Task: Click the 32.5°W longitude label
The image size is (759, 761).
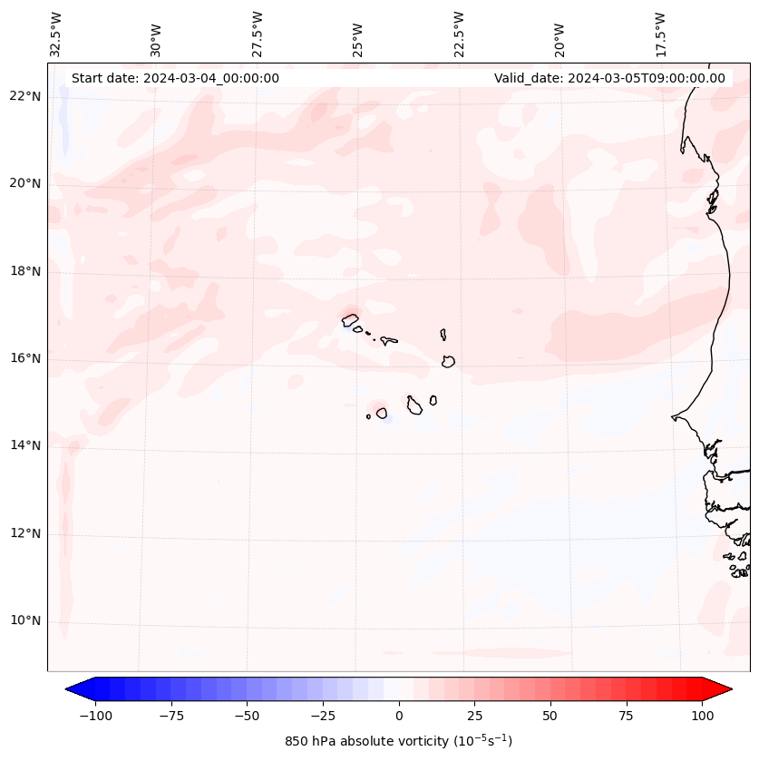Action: tap(56, 34)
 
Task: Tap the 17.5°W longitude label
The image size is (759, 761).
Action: tap(660, 34)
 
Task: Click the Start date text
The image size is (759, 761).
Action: tap(175, 78)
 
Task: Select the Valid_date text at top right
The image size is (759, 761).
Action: tap(609, 78)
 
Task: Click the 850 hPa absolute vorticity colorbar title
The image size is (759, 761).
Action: tap(398, 741)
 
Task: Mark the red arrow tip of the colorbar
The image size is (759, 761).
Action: tap(727, 689)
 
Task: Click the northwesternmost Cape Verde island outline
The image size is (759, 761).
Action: tap(350, 319)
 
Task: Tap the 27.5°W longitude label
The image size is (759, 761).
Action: tap(258, 34)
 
